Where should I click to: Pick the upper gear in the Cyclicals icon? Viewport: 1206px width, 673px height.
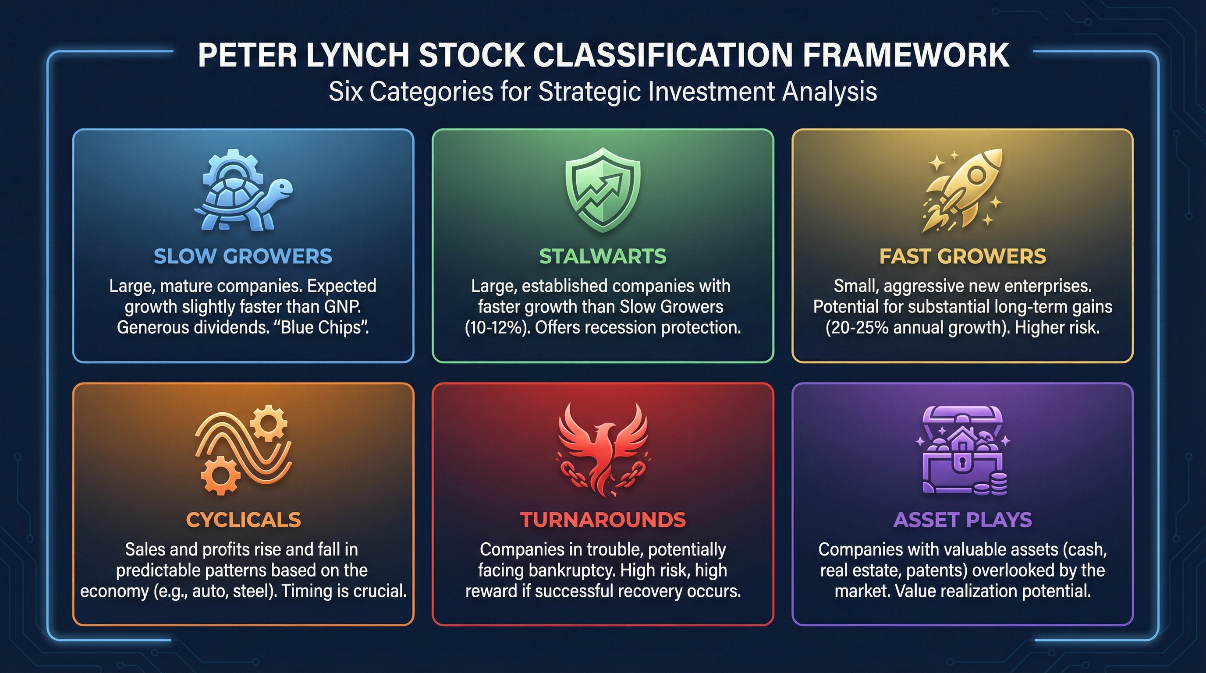point(268,423)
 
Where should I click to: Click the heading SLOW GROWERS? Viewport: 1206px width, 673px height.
point(243,256)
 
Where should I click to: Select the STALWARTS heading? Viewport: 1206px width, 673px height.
point(603,256)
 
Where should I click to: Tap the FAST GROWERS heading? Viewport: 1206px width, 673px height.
point(962,256)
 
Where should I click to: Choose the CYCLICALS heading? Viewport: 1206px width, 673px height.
point(243,520)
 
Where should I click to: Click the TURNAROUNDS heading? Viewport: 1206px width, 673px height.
point(603,520)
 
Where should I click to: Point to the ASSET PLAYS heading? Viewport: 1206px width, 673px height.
point(962,520)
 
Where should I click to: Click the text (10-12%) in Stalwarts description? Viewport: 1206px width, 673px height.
point(496,328)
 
